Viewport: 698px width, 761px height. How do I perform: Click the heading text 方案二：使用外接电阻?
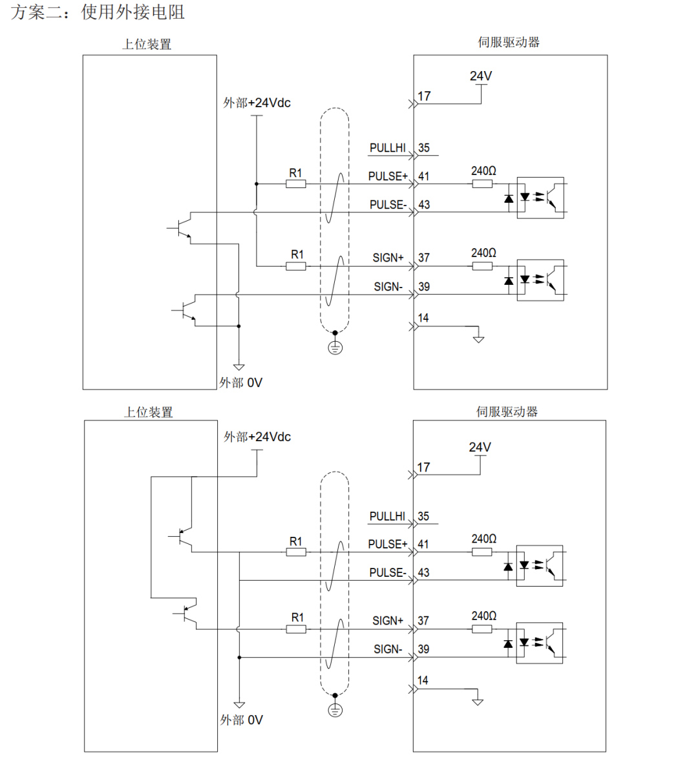click(x=98, y=12)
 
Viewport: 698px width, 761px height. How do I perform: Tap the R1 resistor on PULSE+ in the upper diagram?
click(x=295, y=184)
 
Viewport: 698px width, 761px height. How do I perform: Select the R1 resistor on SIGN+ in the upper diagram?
click(x=296, y=266)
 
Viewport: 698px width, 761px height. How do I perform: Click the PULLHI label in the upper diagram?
click(x=387, y=148)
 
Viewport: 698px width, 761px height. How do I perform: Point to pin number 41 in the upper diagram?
click(x=424, y=176)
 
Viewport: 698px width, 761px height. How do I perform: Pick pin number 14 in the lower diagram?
click(x=423, y=680)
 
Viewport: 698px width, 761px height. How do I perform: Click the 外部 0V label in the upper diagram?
click(x=240, y=382)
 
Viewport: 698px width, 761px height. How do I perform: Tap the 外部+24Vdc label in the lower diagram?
click(x=257, y=437)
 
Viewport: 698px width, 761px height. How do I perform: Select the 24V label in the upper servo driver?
click(x=481, y=76)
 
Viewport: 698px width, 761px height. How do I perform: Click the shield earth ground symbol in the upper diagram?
click(x=335, y=348)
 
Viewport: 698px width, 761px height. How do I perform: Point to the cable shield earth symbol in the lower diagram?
click(x=335, y=710)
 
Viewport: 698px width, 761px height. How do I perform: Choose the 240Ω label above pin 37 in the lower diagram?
click(x=484, y=616)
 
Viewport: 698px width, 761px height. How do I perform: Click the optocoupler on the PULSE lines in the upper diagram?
click(x=540, y=197)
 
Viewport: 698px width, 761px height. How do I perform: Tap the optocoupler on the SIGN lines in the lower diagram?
click(x=539, y=642)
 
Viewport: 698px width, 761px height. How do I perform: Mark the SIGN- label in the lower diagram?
click(x=388, y=649)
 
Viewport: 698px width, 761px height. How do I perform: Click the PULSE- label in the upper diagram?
click(x=388, y=205)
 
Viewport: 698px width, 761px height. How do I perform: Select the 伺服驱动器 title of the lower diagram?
click(x=507, y=412)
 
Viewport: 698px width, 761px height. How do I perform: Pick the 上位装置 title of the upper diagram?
click(x=147, y=44)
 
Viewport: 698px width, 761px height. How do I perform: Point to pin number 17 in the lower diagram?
click(x=423, y=467)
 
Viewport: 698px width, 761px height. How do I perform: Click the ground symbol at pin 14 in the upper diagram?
click(x=478, y=339)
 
